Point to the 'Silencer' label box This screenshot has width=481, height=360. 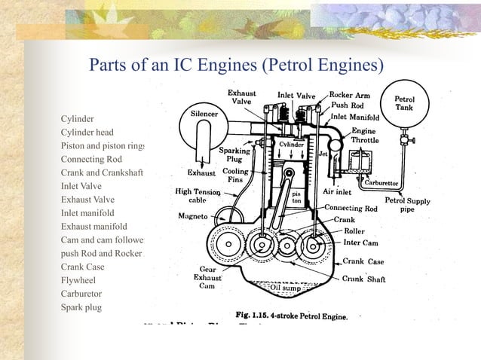[204, 113]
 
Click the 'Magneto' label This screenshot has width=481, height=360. [193, 215]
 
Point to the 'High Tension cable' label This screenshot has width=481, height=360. [198, 196]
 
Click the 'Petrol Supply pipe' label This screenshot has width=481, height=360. [418, 205]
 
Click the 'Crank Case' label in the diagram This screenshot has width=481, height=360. [364, 261]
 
